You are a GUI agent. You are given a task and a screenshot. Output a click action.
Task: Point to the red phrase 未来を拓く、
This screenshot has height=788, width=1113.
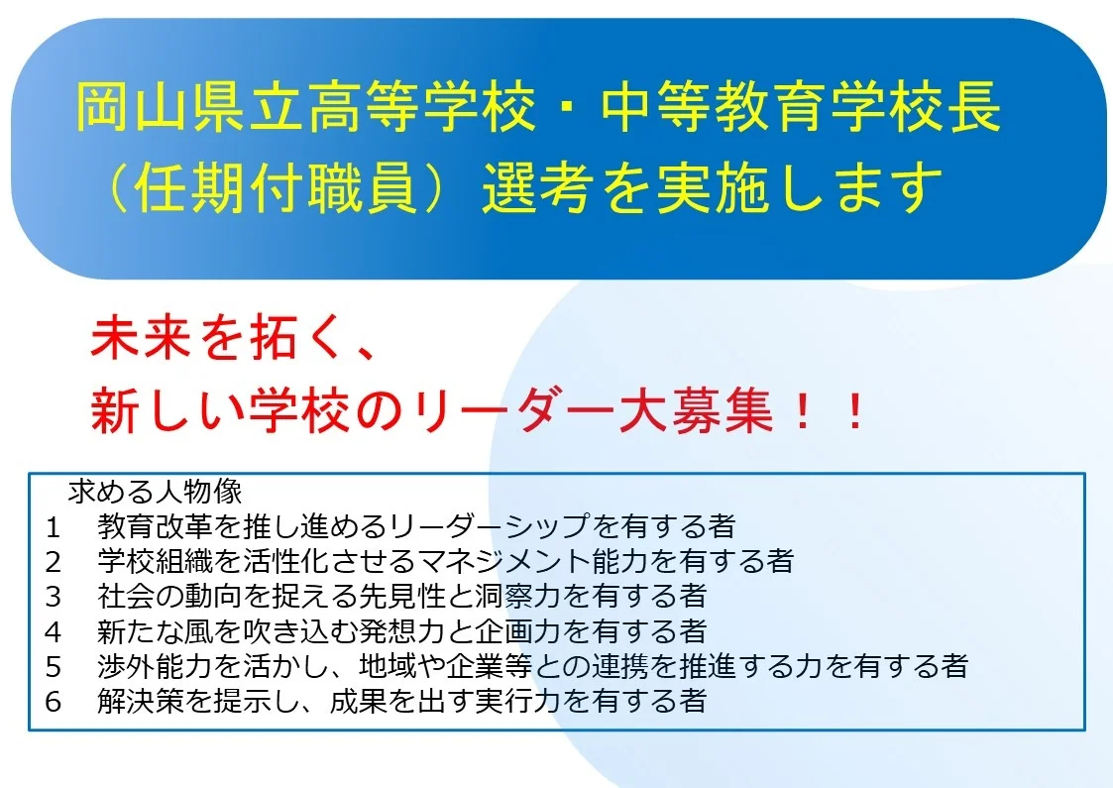coord(233,338)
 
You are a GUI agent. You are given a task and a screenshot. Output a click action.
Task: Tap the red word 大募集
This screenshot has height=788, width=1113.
coord(696,411)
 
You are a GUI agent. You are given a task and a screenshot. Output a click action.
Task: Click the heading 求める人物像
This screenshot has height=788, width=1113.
coord(155,492)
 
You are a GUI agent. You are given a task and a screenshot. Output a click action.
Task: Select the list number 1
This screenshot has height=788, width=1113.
coord(54,526)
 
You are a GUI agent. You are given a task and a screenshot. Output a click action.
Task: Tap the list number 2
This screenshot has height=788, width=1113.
coord(54,562)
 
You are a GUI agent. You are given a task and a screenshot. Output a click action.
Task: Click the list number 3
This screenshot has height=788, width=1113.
coord(54,597)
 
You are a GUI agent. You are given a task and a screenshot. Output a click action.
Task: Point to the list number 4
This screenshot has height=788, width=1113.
coord(54,631)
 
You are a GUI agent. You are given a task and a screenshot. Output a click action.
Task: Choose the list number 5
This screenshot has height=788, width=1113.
coord(54,666)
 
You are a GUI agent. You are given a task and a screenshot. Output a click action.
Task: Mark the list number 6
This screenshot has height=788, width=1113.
coord(54,702)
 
